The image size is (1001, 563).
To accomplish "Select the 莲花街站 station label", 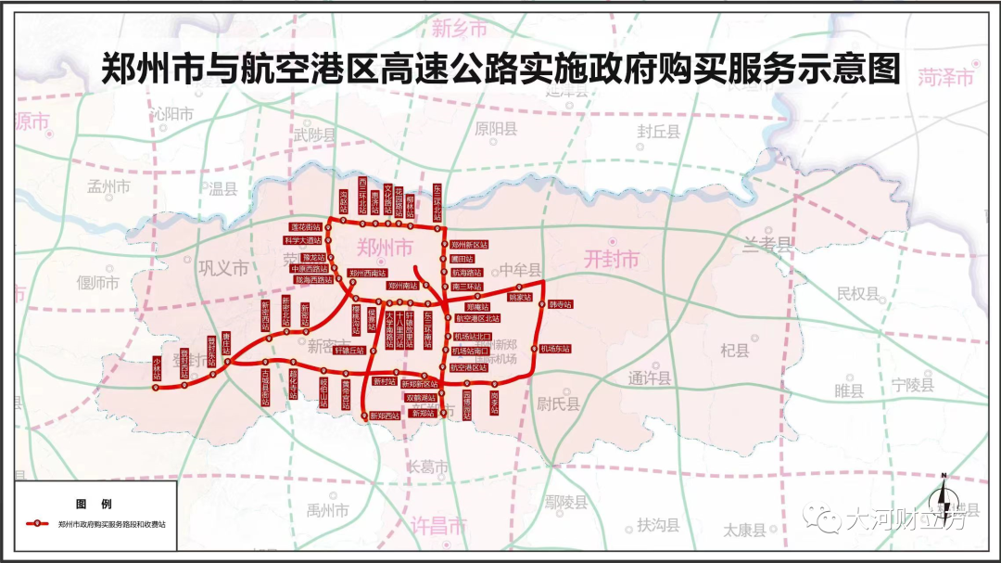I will (306, 227).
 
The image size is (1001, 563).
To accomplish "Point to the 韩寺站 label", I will (560, 303).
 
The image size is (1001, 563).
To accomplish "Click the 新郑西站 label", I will (385, 416).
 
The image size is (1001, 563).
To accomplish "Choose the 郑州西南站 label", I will (367, 273).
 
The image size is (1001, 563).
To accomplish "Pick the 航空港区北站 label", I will (477, 318).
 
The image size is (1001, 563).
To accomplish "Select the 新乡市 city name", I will (460, 29).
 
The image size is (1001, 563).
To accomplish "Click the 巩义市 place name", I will (223, 268).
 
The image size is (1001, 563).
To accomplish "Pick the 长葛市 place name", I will (427, 466).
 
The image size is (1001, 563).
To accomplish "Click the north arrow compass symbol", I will (944, 491).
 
